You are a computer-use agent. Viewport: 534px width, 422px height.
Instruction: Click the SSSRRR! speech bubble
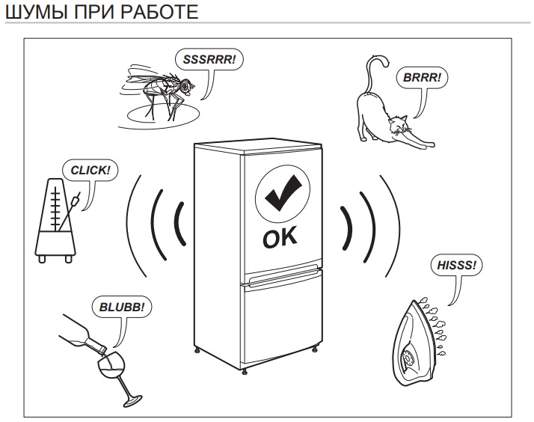coord(209,60)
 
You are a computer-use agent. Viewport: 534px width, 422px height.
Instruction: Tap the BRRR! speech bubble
coord(422,78)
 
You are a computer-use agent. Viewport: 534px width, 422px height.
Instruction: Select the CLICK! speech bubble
coord(90,170)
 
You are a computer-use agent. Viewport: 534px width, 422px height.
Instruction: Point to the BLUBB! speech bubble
coord(122,307)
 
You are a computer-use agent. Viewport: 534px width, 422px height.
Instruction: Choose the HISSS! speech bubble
coord(456,265)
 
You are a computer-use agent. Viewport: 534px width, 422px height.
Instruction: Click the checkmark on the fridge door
coord(283,193)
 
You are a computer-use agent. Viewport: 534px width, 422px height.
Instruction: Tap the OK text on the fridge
coord(280,236)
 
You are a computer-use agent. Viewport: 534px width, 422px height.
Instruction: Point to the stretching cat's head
coord(399,125)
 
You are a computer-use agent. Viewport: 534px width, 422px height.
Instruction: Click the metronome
coord(56,220)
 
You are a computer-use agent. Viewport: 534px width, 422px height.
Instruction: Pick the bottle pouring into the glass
coord(83,333)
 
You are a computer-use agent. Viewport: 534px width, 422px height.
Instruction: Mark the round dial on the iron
coord(408,358)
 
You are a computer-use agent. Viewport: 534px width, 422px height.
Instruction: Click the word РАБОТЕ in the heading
coord(160,12)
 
